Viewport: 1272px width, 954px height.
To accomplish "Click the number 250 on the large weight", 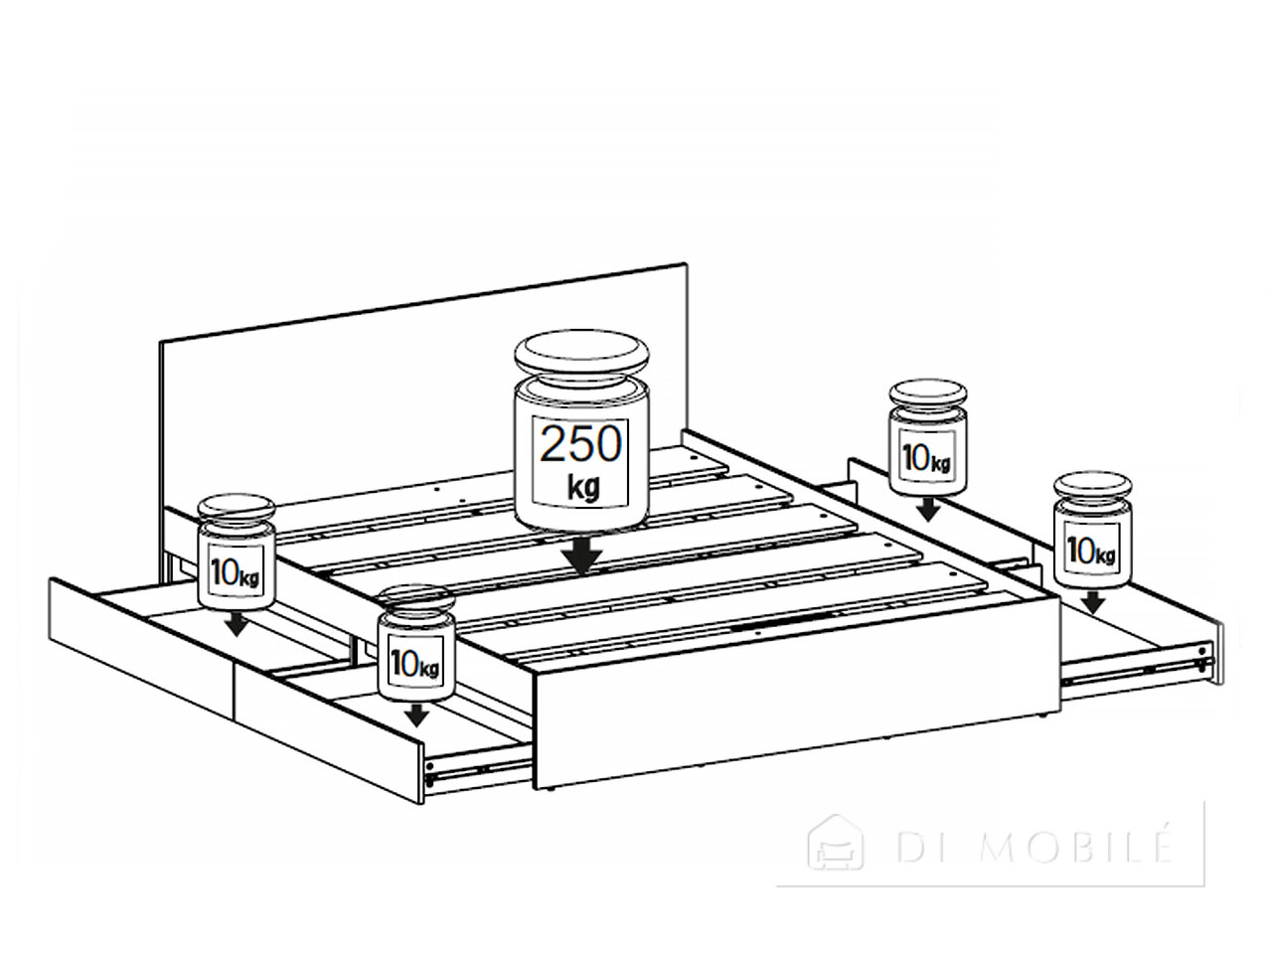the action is coord(580,444).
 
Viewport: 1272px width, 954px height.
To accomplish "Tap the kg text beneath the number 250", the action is coord(583,488).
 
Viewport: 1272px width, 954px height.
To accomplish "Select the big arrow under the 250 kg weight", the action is coord(582,554).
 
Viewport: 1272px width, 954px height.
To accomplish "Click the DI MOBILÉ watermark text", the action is coord(1033,848).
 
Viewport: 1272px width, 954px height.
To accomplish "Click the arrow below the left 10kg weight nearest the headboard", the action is coord(236,624).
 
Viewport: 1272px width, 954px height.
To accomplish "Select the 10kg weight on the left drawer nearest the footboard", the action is coord(415,643).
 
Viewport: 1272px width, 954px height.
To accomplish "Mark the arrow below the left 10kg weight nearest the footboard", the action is coord(416,715).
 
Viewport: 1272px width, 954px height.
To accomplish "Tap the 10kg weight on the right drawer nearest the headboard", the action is coord(928,437).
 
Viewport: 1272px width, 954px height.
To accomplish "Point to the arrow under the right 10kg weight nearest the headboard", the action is coord(928,509).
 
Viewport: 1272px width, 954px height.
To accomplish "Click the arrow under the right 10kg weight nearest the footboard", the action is coord(1093,602).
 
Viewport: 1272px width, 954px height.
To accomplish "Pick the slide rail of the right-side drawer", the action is coord(1137,665).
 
